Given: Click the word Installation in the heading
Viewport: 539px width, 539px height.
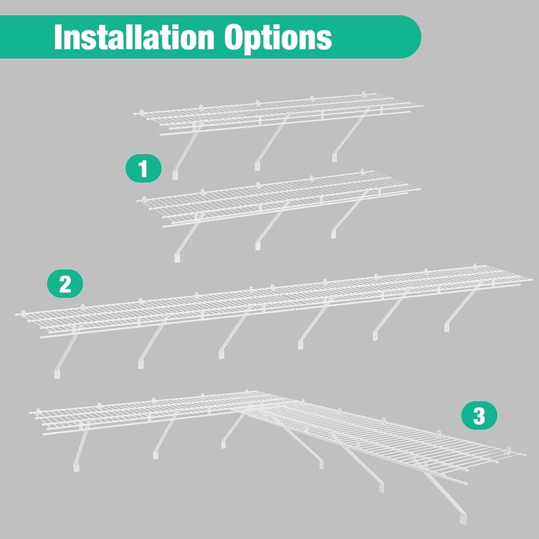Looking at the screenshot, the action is [x=134, y=37].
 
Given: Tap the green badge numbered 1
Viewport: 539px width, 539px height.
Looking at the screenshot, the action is [x=144, y=168].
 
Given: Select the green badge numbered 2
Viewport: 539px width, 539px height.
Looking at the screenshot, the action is [x=65, y=284].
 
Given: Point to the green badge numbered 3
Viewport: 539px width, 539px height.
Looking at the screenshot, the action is [x=479, y=416].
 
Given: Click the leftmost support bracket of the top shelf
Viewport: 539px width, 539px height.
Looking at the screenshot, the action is [x=186, y=151].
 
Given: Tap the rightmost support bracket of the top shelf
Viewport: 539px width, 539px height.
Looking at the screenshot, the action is [x=350, y=135].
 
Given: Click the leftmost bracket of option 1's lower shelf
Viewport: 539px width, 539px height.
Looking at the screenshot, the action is [x=189, y=237].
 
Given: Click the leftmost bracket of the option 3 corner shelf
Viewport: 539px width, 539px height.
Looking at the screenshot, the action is [x=81, y=447].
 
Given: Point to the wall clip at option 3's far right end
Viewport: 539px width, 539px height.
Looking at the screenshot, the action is [x=508, y=449].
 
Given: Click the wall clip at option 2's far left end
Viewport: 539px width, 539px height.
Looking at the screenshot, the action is [x=24, y=313].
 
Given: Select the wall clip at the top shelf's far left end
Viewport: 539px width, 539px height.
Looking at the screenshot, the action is [x=141, y=112].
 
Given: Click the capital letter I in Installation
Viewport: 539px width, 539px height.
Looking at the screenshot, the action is [x=57, y=37].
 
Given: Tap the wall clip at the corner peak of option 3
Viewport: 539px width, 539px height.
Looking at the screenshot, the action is [x=246, y=392].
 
